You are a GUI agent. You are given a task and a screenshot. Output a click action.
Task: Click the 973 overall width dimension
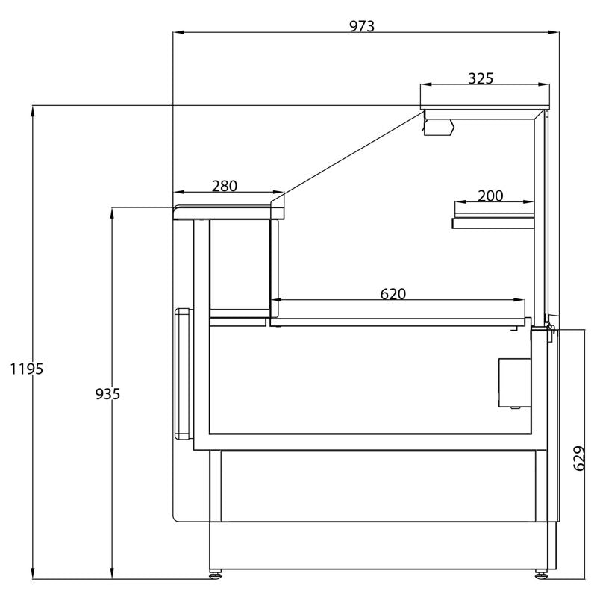(x=362, y=26)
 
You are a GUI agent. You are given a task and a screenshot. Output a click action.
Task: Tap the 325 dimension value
(x=481, y=78)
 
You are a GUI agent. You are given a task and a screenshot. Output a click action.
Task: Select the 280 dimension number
(x=225, y=186)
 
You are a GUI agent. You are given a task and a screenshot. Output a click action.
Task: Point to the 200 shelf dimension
(x=490, y=196)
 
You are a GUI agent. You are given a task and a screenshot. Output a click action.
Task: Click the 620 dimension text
(x=393, y=294)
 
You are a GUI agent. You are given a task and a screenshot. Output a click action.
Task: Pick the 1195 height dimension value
(x=27, y=369)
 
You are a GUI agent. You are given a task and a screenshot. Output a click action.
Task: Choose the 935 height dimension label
(x=107, y=394)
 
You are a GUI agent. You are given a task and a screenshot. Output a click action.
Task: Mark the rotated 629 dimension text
(x=579, y=458)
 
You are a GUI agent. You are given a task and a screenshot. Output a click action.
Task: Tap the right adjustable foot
(x=540, y=573)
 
